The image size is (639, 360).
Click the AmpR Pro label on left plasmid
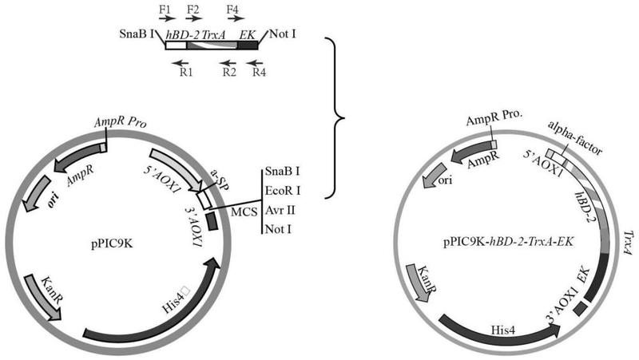click(118, 124)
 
